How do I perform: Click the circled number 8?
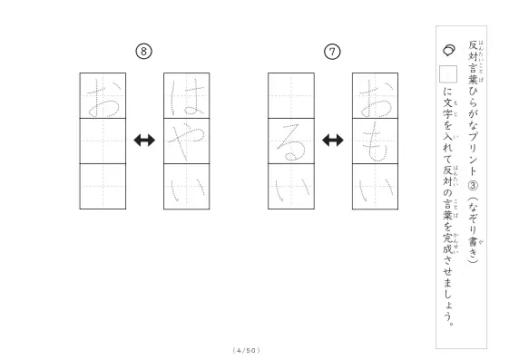coord(143,52)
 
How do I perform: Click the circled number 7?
coord(332,52)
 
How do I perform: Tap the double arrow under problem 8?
coord(144,141)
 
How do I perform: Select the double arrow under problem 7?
coord(333,141)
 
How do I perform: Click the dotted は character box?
coord(187,96)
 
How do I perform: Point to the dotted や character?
coord(186,141)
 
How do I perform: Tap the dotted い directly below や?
coord(189,190)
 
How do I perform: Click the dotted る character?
coord(291,142)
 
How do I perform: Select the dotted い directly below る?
coord(292,190)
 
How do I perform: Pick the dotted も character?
coord(375,141)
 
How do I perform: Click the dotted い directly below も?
coord(377,190)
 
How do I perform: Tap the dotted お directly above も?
coord(376,98)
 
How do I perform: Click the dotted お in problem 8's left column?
coord(103,98)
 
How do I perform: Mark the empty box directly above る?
coord(291,96)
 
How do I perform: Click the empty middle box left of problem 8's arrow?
coord(103,141)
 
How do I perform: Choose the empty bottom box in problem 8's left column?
coord(103,187)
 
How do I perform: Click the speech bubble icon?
coord(449,50)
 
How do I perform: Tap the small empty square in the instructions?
coord(448,74)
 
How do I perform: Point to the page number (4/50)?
coord(247,350)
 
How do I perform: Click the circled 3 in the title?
coord(473,185)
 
